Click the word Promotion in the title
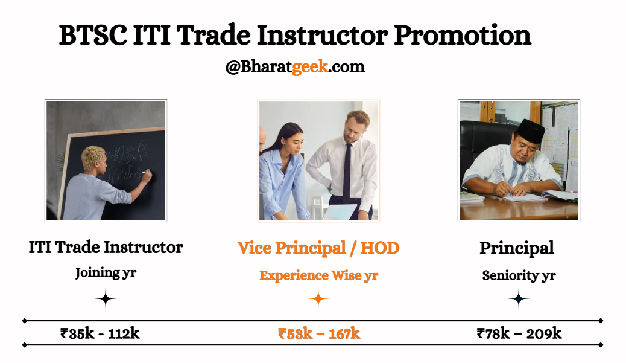click(463, 35)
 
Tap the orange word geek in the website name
click(310, 67)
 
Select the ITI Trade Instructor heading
click(106, 247)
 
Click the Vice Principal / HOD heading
click(318, 248)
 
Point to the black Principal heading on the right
click(517, 248)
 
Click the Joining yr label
click(106, 272)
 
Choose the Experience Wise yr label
click(318, 275)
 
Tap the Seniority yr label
click(519, 275)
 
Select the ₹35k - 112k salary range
click(100, 333)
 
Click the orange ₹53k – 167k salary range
click(319, 333)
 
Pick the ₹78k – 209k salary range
click(519, 333)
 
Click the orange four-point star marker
click(318, 298)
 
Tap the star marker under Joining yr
click(106, 298)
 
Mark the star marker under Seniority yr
click(519, 298)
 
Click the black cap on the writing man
click(530, 130)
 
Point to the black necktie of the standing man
click(347, 173)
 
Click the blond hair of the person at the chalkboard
click(93, 158)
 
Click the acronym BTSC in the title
click(93, 35)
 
